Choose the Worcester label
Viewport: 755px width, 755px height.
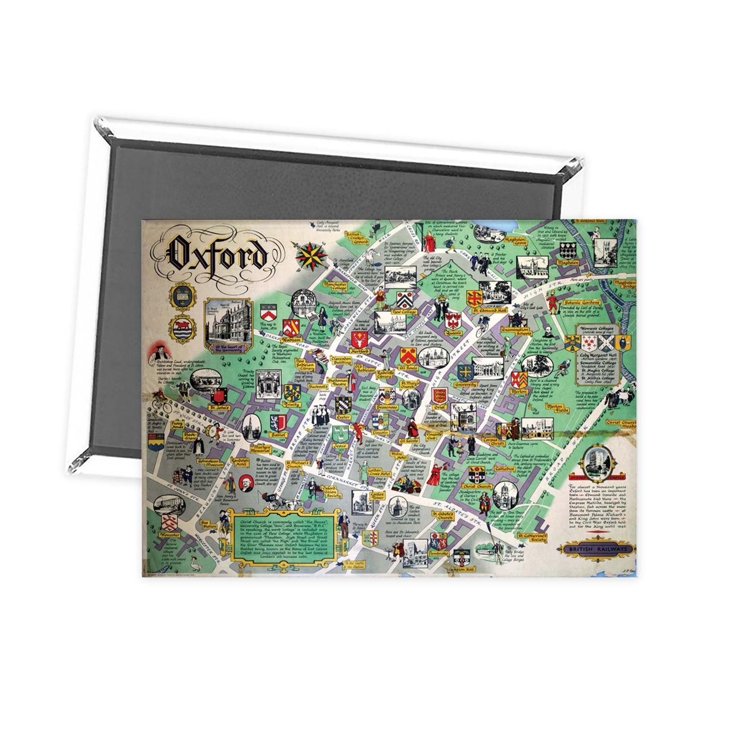(169, 534)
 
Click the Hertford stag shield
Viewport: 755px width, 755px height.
(359, 337)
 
